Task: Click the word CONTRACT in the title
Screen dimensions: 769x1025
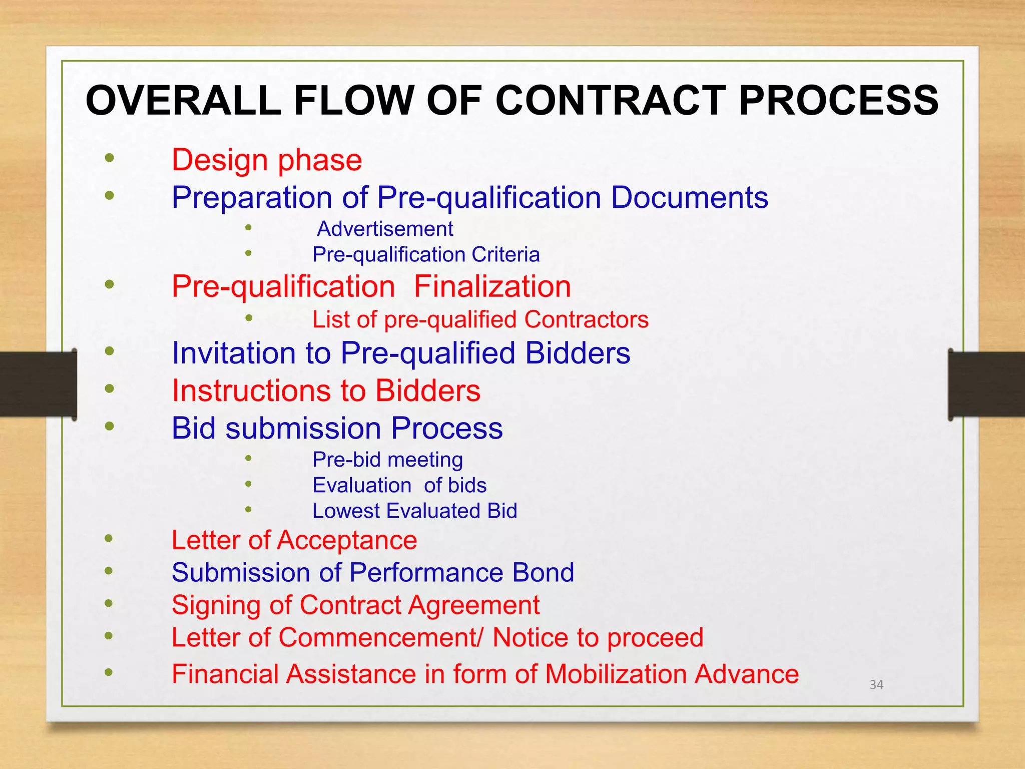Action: pyautogui.click(x=611, y=100)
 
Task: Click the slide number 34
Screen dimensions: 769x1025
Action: pyautogui.click(x=876, y=684)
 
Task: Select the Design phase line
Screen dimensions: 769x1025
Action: pyautogui.click(x=267, y=160)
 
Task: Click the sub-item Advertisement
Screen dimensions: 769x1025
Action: pyautogui.click(x=385, y=229)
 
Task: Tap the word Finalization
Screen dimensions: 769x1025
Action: pyautogui.click(x=492, y=286)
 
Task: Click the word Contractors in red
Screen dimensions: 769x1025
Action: pyautogui.click(x=586, y=319)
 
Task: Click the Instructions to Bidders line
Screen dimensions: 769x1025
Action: pyautogui.click(x=326, y=391)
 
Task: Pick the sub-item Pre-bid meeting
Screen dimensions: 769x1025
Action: pyautogui.click(x=387, y=460)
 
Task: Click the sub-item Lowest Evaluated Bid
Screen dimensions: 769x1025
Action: pyautogui.click(x=414, y=511)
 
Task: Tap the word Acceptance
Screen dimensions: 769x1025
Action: pyautogui.click(x=347, y=540)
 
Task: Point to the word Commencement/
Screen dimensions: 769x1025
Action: pyautogui.click(x=380, y=637)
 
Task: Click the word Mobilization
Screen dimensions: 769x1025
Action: pyautogui.click(x=615, y=674)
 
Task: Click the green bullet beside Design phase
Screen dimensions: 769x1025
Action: pyautogui.click(x=110, y=159)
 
